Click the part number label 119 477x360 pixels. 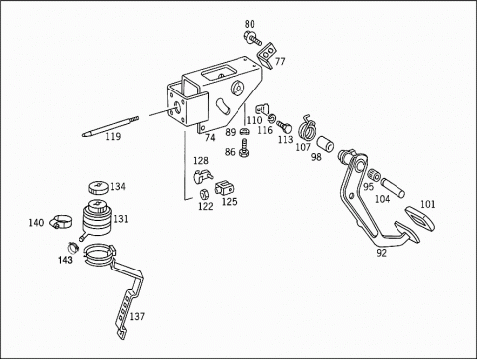pyautogui.click(x=113, y=136)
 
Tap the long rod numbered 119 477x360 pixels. pyautogui.click(x=110, y=126)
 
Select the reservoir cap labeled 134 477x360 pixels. pyautogui.click(x=98, y=188)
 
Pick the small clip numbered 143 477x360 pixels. pyautogui.click(x=74, y=247)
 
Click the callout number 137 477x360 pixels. pyautogui.click(x=137, y=317)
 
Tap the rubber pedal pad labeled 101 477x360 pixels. pyautogui.click(x=420, y=217)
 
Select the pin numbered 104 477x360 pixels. pyautogui.click(x=393, y=187)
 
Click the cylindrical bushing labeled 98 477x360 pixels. pyautogui.click(x=325, y=144)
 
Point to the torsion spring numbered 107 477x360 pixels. pyautogui.click(x=308, y=128)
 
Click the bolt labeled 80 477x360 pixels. pyautogui.click(x=253, y=38)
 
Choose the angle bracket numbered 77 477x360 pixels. pyautogui.click(x=266, y=55)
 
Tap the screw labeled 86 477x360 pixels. pyautogui.click(x=244, y=148)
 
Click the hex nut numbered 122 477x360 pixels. pyautogui.click(x=204, y=194)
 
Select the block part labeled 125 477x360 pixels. pyautogui.click(x=224, y=188)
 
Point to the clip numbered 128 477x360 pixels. pyautogui.click(x=203, y=175)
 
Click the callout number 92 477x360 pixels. pyautogui.click(x=382, y=253)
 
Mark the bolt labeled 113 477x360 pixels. pyautogui.click(x=285, y=127)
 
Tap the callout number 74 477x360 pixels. pyautogui.click(x=210, y=137)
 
